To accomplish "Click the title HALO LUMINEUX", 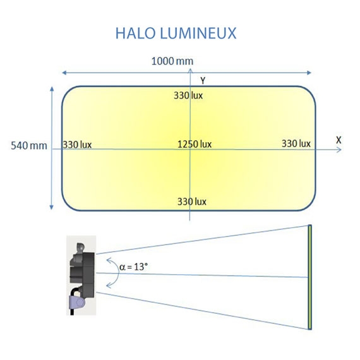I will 176,33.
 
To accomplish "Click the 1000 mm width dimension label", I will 172,61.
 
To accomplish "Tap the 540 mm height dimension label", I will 30,146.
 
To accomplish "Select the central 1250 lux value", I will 194,144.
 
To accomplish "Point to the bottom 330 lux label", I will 191,202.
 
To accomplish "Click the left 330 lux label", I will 77,145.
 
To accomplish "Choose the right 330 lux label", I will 296,144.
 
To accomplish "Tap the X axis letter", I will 339,139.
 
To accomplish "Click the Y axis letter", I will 202,80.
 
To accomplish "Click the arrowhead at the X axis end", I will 339,150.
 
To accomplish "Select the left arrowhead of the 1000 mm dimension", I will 63,72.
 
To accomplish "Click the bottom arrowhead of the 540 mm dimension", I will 51,207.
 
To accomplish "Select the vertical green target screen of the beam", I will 310,277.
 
